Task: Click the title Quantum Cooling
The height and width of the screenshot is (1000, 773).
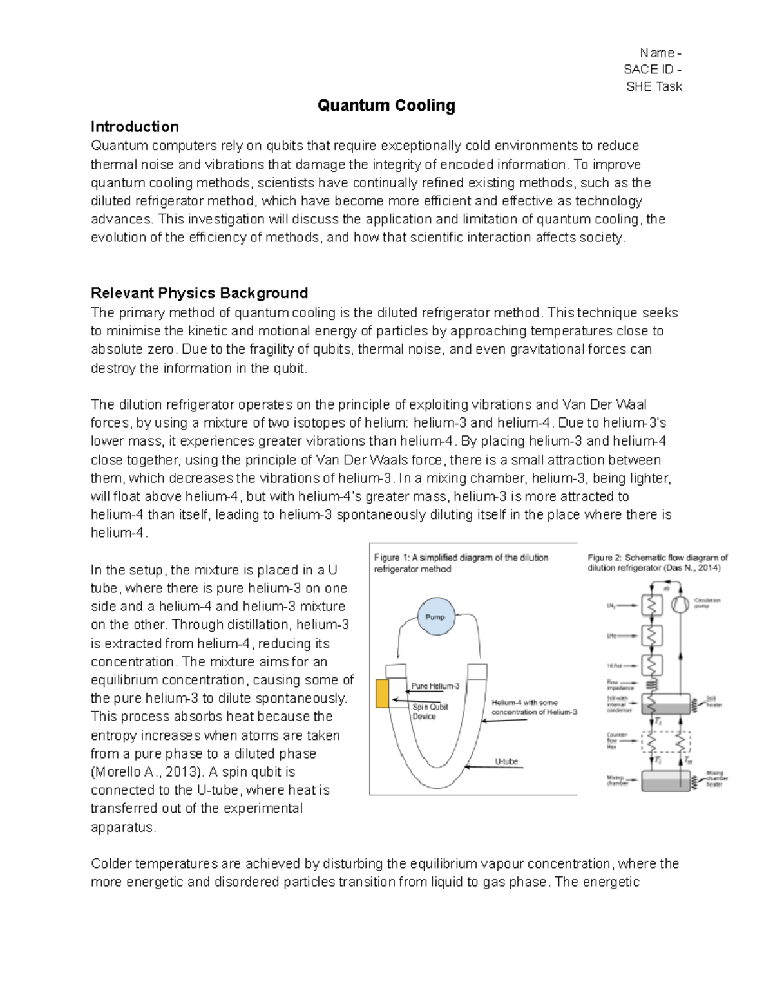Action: click(x=386, y=106)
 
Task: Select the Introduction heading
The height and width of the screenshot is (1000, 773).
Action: click(x=135, y=127)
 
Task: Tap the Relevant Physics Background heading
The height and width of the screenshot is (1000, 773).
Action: click(x=199, y=294)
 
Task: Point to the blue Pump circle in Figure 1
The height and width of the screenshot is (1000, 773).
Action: click(x=436, y=617)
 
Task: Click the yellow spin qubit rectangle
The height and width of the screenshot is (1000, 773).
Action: click(x=383, y=693)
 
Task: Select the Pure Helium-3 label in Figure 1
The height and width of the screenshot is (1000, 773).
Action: click(x=435, y=686)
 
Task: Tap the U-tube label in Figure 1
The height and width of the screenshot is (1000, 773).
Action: click(x=506, y=761)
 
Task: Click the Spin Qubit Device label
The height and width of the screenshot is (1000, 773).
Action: click(x=430, y=712)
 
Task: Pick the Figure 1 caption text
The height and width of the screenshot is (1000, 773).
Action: click(x=461, y=563)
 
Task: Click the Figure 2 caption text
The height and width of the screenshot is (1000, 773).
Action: click(x=657, y=563)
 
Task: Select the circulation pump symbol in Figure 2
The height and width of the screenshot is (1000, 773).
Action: click(x=679, y=604)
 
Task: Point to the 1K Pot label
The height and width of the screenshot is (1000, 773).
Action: click(x=615, y=665)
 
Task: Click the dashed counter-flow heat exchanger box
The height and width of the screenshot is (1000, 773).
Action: click(x=666, y=742)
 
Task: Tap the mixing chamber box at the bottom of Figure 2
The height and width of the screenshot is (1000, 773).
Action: click(x=666, y=780)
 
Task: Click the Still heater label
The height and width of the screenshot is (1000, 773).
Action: click(x=713, y=701)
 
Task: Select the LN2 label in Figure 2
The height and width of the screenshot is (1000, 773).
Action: click(x=612, y=605)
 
